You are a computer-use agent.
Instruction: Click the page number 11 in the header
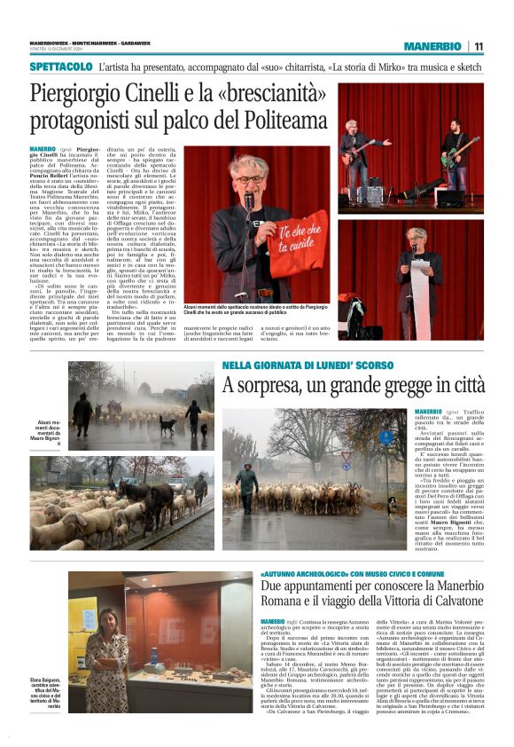[478, 46]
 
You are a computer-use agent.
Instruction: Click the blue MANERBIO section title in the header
[432, 46]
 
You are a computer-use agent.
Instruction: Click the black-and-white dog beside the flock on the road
[391, 506]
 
